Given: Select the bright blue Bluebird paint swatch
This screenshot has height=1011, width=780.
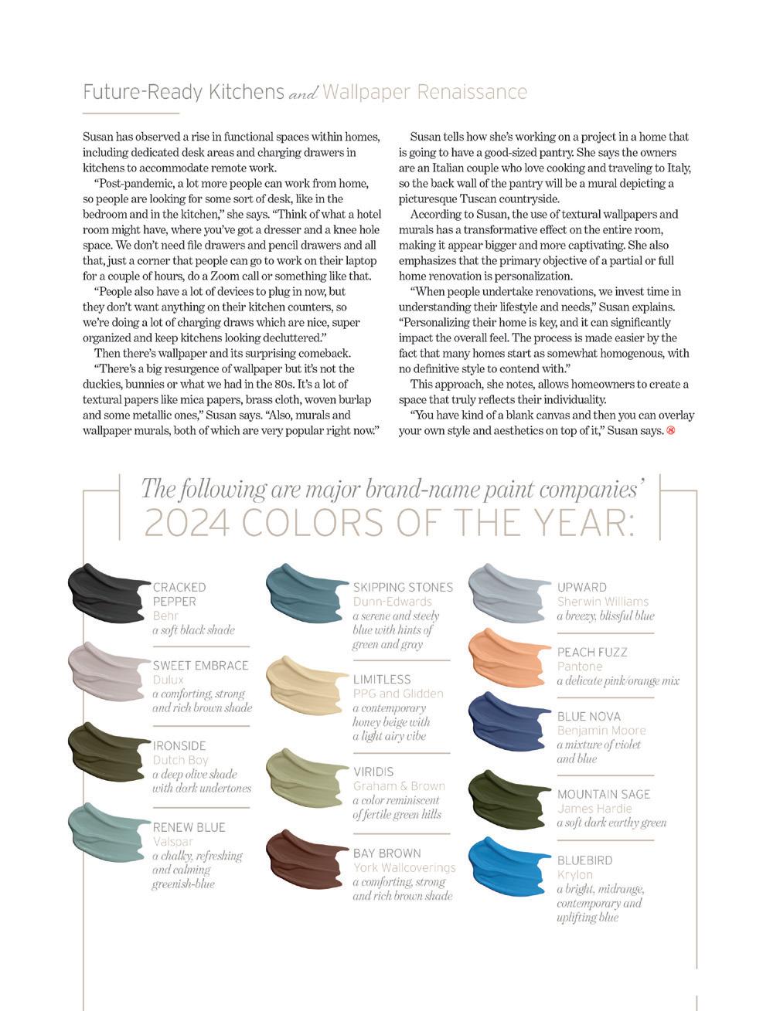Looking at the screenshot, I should point(509,867).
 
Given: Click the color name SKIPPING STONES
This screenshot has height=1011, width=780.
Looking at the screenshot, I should point(403,587).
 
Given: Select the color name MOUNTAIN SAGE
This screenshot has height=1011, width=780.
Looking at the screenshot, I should point(604,794).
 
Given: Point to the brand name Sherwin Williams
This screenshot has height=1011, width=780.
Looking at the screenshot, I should point(603,602).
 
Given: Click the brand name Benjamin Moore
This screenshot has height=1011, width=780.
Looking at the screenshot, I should point(601,731).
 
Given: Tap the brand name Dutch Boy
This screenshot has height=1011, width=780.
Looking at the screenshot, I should point(180,760).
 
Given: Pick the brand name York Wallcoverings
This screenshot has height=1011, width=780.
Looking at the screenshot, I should point(404,867).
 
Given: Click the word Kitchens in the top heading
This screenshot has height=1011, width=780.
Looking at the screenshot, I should point(247,92).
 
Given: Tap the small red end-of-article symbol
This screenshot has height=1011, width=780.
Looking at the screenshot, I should point(670,430).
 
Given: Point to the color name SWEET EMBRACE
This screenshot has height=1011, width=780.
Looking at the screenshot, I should point(200,665).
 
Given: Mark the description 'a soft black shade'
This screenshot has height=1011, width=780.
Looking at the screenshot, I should point(193,630).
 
